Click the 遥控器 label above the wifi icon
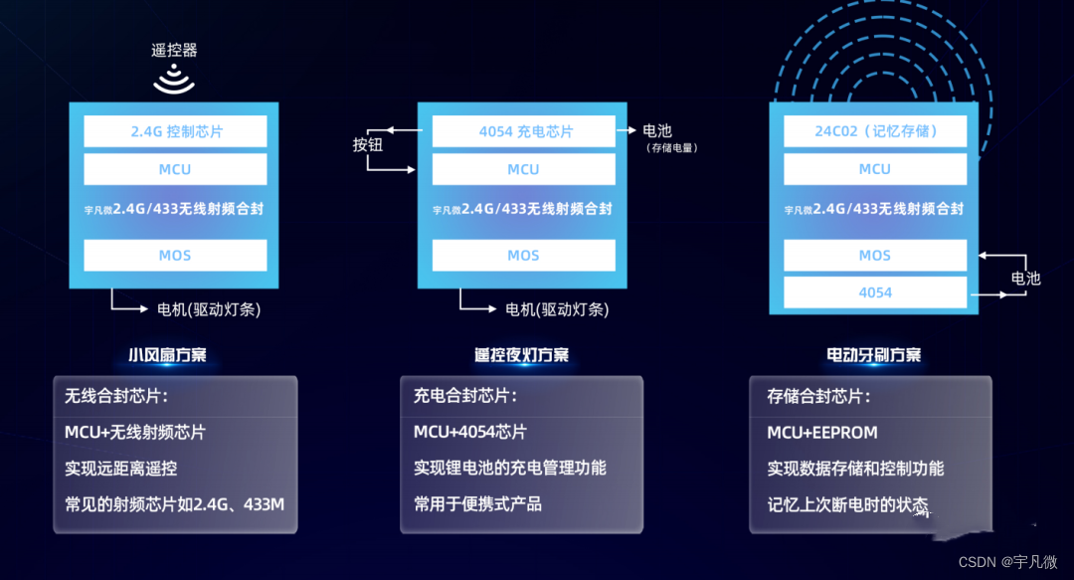pyautogui.click(x=174, y=50)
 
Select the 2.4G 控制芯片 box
pyautogui.click(x=175, y=131)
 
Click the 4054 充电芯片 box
pyautogui.click(x=523, y=131)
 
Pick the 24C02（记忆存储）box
pyautogui.click(x=874, y=131)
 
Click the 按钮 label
pyautogui.click(x=368, y=145)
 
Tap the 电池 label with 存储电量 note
pyautogui.click(x=657, y=131)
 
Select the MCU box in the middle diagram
pyautogui.click(x=523, y=169)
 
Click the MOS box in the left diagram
pyautogui.click(x=175, y=256)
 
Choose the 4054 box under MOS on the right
pyautogui.click(x=874, y=292)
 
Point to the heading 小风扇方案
pyautogui.click(x=167, y=354)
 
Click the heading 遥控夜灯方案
pyautogui.click(x=522, y=354)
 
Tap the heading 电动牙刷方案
pyautogui.click(x=873, y=354)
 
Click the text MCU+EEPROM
pyautogui.click(x=822, y=433)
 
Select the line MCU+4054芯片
pyautogui.click(x=470, y=433)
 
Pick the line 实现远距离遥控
pyautogui.click(x=120, y=468)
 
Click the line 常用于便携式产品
pyautogui.click(x=477, y=503)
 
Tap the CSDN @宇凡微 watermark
pyautogui.click(x=1008, y=562)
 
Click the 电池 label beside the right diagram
pyautogui.click(x=1025, y=278)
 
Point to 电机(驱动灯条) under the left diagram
pyautogui.click(x=209, y=309)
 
